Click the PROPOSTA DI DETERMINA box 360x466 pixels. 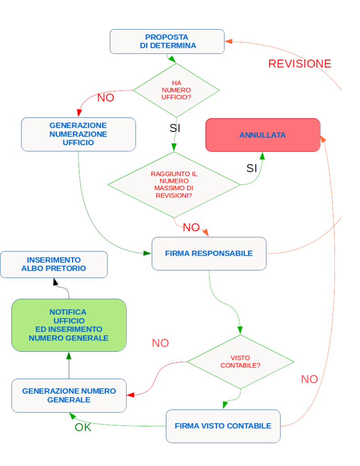[167, 41]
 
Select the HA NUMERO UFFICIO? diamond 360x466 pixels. [176, 90]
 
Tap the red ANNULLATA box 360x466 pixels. [263, 135]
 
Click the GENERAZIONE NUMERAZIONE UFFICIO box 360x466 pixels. [78, 134]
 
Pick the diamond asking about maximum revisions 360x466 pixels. [173, 185]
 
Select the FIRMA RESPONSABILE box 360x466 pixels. [209, 253]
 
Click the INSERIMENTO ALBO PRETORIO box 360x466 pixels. [54, 264]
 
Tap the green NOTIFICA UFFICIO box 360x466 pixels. [69, 325]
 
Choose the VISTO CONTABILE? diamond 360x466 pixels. [240, 362]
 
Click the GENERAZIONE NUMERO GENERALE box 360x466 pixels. [69, 395]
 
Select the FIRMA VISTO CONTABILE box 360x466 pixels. [223, 426]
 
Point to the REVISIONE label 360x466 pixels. [299, 64]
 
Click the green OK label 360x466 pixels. [83, 427]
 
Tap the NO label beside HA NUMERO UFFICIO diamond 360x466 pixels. [106, 98]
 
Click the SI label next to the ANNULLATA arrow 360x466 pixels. [252, 168]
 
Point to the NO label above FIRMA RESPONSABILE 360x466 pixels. [191, 228]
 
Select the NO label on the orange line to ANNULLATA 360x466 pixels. [309, 379]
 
